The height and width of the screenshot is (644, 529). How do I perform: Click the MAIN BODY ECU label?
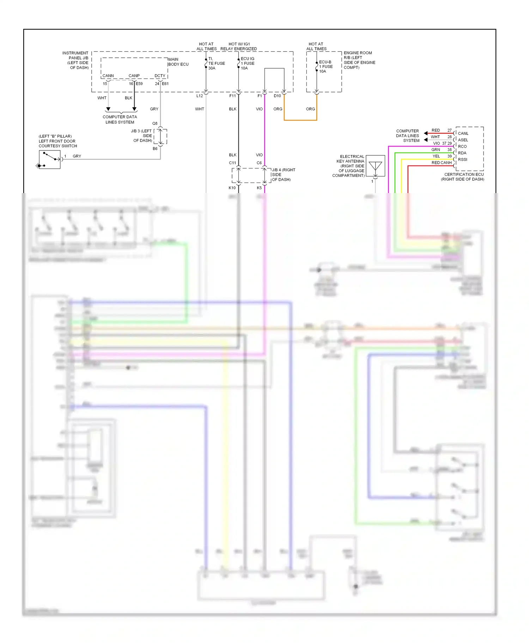[178, 62]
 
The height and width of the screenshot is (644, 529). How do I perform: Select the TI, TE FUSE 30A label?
[216, 63]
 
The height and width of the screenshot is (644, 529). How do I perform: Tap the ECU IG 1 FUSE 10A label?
[247, 63]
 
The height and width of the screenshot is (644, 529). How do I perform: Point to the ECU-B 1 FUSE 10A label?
[326, 67]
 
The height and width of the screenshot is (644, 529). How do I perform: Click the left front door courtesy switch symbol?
[50, 160]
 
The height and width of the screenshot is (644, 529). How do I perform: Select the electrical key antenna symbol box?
[375, 166]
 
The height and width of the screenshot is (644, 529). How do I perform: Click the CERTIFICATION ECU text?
[464, 174]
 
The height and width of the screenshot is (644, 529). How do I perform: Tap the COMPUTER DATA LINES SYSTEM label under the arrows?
[120, 119]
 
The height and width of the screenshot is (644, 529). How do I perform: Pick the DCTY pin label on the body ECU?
[160, 76]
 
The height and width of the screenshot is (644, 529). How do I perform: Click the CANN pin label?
[108, 76]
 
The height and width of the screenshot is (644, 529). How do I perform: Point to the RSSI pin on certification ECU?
[462, 160]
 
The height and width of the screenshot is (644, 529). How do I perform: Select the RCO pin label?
[462, 147]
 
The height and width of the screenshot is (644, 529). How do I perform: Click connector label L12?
[200, 96]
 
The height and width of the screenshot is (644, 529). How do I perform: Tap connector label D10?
[277, 96]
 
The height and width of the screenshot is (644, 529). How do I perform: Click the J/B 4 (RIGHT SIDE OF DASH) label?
[283, 175]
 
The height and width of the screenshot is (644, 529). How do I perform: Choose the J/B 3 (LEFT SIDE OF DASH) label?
[142, 136]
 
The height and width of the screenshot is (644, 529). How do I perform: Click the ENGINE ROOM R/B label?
[359, 60]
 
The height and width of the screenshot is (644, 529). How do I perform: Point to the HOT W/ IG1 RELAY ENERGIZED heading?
[238, 47]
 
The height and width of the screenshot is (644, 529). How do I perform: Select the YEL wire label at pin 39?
[436, 156]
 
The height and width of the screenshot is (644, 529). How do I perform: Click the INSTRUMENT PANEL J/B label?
[75, 60]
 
